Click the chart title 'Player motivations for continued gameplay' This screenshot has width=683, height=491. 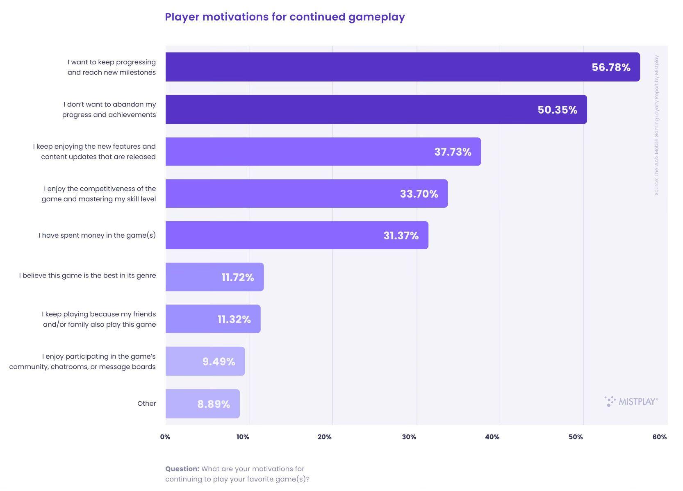tap(285, 17)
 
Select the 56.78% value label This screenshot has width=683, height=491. tap(611, 67)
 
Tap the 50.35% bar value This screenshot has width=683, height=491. tap(557, 110)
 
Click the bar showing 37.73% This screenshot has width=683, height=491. tap(323, 152)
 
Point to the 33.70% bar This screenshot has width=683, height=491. tap(306, 193)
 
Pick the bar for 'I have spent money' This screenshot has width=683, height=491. tap(297, 235)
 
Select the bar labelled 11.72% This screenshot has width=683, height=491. tap(214, 277)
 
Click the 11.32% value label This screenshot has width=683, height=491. tap(234, 319)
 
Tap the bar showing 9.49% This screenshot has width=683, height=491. tap(205, 361)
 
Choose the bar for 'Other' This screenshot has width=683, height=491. tap(203, 404)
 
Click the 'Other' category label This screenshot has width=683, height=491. tap(147, 404)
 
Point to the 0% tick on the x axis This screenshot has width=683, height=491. tap(165, 437)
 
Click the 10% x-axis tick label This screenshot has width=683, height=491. tap(243, 437)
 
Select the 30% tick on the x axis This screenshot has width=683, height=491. tap(409, 437)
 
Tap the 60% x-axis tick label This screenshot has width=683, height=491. tap(659, 437)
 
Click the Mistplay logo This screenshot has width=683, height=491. tap(631, 402)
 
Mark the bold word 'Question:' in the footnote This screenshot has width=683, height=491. tap(182, 469)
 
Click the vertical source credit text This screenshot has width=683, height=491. tap(656, 125)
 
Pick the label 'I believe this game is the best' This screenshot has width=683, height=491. tap(87, 275)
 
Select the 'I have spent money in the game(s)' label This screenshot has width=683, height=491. tap(97, 235)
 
